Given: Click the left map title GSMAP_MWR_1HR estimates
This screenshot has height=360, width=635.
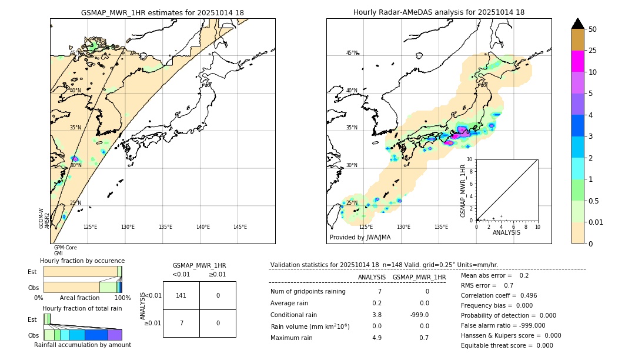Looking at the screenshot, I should pyautogui.click(x=162, y=12).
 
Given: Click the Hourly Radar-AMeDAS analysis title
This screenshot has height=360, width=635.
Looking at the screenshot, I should pyautogui.click(x=439, y=12).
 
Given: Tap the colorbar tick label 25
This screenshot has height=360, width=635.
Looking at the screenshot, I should pyautogui.click(x=593, y=51).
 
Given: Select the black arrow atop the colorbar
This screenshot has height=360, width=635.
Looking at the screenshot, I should pyautogui.click(x=578, y=24).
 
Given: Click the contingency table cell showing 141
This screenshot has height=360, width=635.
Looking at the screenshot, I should pyautogui.click(x=181, y=295).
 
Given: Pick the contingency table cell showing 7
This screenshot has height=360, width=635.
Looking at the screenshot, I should pyautogui.click(x=181, y=323).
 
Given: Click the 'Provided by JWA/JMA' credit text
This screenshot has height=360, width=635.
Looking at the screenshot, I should pyautogui.click(x=360, y=237).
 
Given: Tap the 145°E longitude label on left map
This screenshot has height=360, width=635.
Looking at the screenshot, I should pyautogui.click(x=240, y=227).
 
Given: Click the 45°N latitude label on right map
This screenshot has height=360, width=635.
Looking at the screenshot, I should pyautogui.click(x=352, y=53).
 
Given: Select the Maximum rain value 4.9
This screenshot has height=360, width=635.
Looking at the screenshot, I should pyautogui.click(x=376, y=338).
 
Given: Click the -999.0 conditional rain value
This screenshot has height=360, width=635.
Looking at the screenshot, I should pyautogui.click(x=419, y=314).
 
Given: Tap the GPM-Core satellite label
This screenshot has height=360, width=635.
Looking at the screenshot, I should pyautogui.click(x=65, y=248).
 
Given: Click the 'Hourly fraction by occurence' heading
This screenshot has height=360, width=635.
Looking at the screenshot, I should pyautogui.click(x=82, y=261).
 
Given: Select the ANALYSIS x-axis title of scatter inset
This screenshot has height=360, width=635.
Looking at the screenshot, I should pyautogui.click(x=506, y=232).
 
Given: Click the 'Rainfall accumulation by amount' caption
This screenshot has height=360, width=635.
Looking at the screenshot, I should pyautogui.click(x=82, y=345).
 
